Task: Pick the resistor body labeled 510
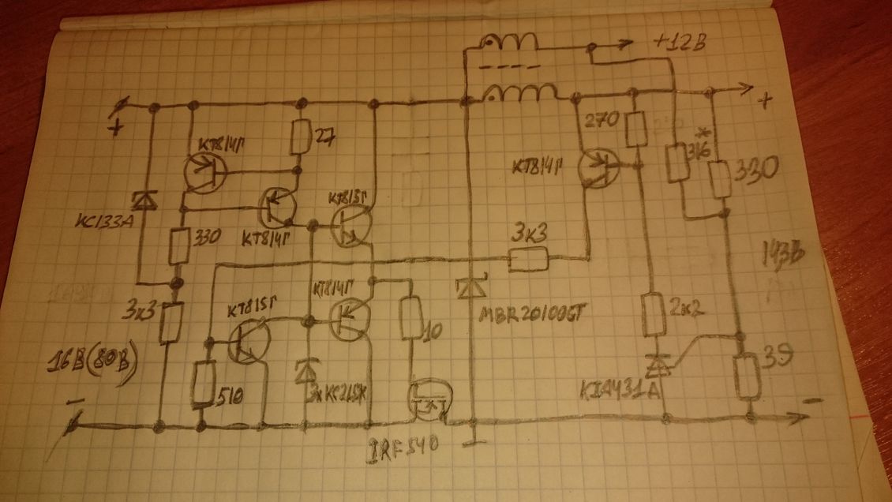(205, 383)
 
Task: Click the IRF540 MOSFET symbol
(427, 399)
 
